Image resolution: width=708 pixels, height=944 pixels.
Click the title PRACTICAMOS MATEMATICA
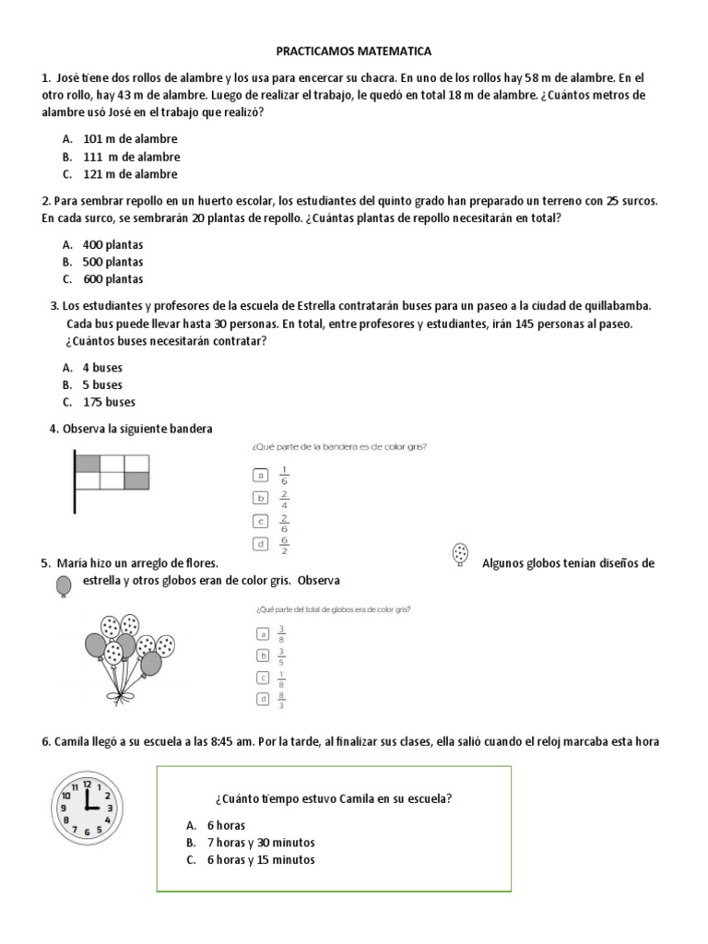tap(355, 53)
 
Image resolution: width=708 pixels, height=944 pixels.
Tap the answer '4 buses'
tap(102, 367)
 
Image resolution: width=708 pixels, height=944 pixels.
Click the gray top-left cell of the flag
tap(88, 462)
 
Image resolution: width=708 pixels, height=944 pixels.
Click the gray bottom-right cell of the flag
tap(136, 478)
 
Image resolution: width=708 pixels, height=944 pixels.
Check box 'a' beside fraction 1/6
tap(261, 475)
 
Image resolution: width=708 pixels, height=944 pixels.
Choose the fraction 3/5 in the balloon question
tap(281, 655)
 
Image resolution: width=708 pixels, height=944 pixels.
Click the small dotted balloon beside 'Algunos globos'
tap(460, 553)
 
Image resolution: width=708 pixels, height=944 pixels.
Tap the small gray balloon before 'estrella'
tap(64, 586)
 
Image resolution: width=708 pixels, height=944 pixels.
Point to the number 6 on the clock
tap(86, 832)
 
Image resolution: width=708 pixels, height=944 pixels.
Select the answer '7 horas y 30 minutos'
tap(262, 843)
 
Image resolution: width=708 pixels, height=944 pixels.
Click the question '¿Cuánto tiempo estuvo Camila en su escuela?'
tap(333, 799)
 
